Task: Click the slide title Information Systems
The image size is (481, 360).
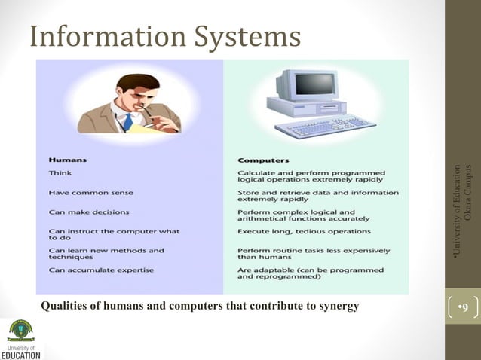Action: click(165, 35)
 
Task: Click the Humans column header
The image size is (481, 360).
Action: click(67, 160)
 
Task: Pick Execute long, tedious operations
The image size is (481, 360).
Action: click(304, 230)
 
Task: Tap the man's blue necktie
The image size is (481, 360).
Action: click(128, 120)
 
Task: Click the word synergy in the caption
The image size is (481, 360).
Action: click(339, 306)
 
